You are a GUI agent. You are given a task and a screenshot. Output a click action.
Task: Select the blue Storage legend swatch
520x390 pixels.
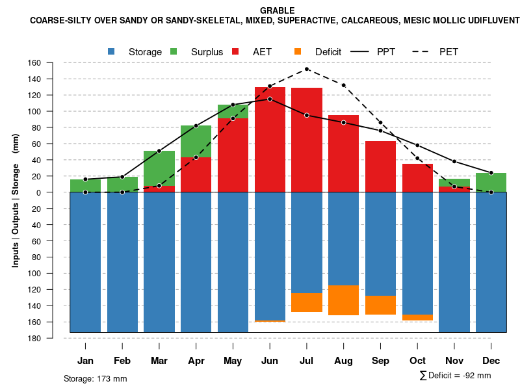point(112,51)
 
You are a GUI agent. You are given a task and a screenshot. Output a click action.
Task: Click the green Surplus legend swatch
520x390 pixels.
point(174,51)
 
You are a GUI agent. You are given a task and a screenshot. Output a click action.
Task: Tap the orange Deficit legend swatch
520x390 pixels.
point(298,51)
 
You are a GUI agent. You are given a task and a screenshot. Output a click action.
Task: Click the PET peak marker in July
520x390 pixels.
point(307,69)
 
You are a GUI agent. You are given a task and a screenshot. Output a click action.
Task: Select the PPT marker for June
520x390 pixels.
point(270,99)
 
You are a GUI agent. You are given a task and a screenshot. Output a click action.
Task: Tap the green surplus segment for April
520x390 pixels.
point(196,141)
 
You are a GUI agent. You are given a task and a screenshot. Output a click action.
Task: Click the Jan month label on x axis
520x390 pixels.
point(85,361)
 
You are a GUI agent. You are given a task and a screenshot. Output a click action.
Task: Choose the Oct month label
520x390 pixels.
point(418,361)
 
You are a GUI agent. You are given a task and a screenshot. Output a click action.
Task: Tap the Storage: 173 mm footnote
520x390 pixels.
point(96,378)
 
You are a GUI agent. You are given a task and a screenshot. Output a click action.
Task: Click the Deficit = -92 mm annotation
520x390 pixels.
point(456,376)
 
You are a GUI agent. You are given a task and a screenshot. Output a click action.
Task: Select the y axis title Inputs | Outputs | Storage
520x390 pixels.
point(16,200)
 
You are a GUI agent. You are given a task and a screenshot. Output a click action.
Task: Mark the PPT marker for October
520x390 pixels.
point(418,145)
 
